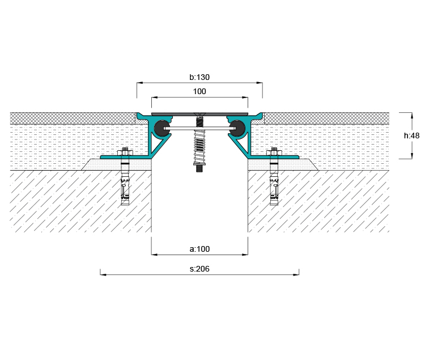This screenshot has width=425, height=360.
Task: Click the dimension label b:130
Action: (199, 77)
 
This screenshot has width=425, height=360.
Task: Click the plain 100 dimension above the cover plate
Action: (199, 91)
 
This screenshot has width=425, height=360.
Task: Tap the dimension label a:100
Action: (199, 249)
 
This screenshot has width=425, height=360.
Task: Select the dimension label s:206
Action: (199, 269)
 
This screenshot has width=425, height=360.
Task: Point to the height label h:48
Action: (412, 135)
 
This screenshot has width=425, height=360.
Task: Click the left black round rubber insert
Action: (162, 128)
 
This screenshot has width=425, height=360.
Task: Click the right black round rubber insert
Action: (237, 128)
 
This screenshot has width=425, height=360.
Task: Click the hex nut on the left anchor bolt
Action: (125, 153)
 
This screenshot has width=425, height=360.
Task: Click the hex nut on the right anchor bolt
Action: (274, 153)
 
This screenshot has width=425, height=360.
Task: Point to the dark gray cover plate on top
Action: (199, 114)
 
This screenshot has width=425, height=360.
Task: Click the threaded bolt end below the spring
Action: (199, 168)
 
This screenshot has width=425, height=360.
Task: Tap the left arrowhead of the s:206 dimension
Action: (103, 274)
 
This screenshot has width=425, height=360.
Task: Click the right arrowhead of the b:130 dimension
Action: (259, 83)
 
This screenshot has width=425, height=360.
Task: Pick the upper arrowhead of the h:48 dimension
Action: (412, 116)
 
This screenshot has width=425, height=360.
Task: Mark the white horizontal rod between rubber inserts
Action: (199, 128)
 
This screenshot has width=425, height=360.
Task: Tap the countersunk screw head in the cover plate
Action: (199, 113)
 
